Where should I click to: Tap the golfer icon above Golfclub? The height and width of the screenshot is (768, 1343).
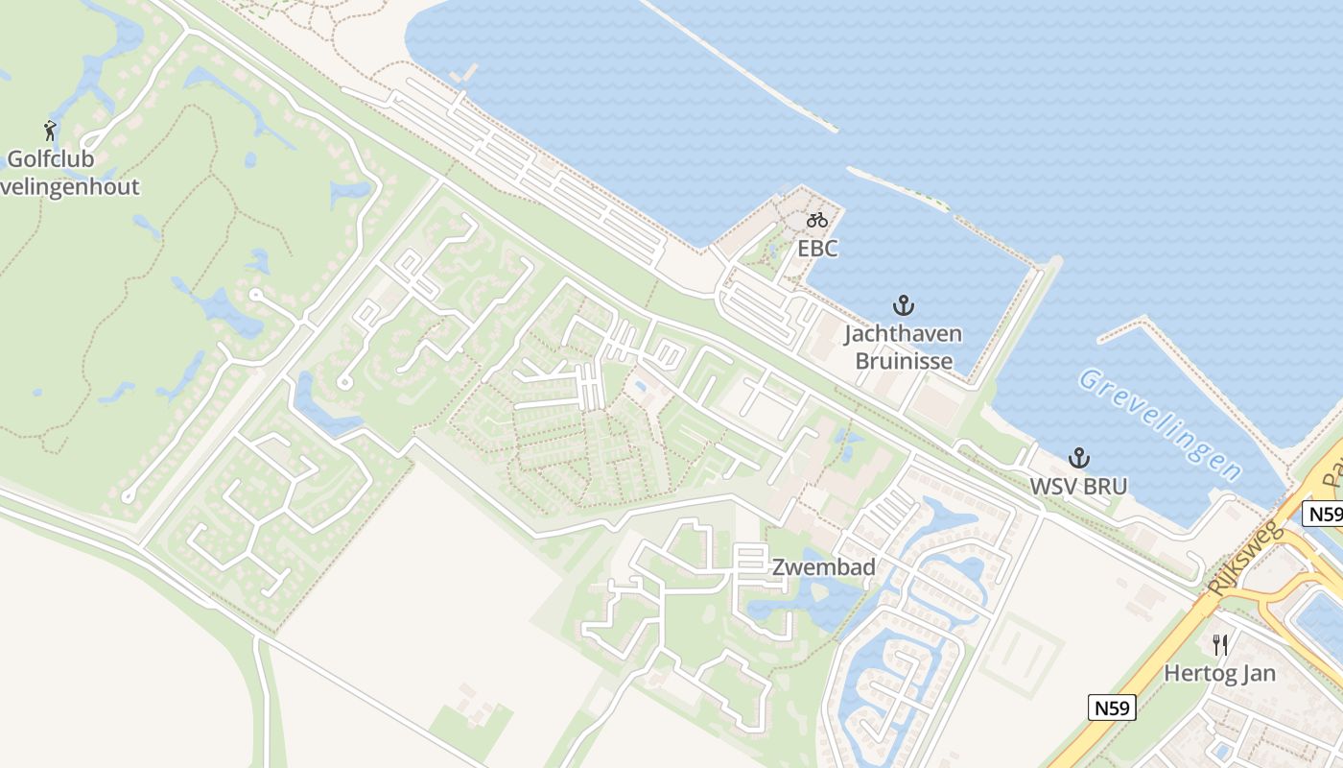(50, 130)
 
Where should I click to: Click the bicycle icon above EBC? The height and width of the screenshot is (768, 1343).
(817, 220)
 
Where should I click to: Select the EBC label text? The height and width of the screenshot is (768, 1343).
(817, 249)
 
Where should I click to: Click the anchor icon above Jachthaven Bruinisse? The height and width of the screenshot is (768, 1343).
(903, 306)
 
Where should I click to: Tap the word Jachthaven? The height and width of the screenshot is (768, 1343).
(903, 334)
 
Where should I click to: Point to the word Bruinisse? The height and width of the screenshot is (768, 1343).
(904, 361)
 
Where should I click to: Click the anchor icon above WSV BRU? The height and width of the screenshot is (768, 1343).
(1079, 458)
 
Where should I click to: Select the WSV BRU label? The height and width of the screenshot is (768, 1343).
(1078, 486)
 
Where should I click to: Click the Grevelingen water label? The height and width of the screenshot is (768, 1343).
(1161, 423)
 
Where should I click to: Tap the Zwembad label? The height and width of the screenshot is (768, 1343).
(824, 567)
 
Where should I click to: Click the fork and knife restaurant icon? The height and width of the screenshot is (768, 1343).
(1220, 644)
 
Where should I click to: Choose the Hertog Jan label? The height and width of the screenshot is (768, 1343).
(1220, 673)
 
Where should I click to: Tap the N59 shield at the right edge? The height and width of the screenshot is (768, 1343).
(1325, 515)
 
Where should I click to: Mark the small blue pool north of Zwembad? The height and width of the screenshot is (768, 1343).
(640, 386)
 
